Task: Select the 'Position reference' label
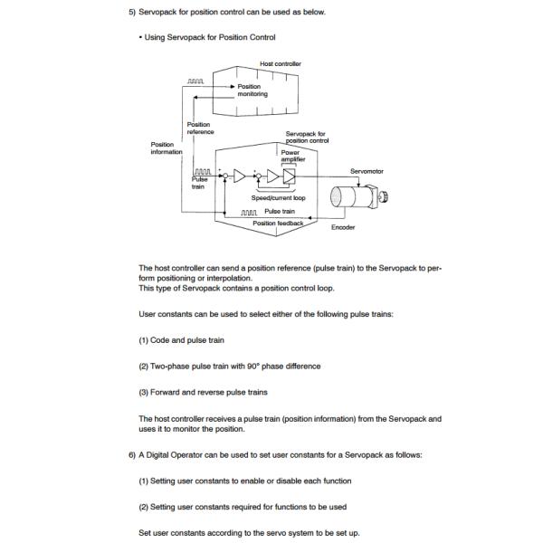point(199,129)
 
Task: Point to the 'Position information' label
point(167,147)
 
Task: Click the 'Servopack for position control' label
point(306,138)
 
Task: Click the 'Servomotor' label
point(368,170)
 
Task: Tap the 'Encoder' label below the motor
point(343,227)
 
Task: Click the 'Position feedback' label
point(277,223)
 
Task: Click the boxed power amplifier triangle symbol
point(289,175)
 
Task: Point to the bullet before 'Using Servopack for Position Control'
point(141,37)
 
